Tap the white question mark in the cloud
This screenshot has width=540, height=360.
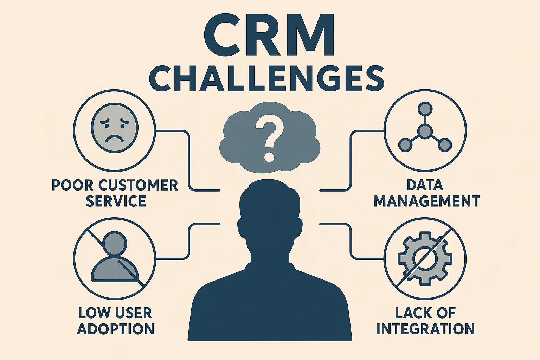(x=269, y=139)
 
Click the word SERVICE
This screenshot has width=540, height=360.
(x=116, y=201)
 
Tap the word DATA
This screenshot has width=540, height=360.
(x=425, y=185)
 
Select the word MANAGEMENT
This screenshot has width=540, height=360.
(x=426, y=201)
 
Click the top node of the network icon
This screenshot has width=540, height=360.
(x=425, y=108)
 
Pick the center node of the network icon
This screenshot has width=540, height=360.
(x=425, y=131)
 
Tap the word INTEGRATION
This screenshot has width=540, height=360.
(x=425, y=329)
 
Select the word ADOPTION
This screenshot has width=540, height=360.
(x=116, y=329)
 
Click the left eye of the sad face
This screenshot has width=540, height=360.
(x=105, y=123)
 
